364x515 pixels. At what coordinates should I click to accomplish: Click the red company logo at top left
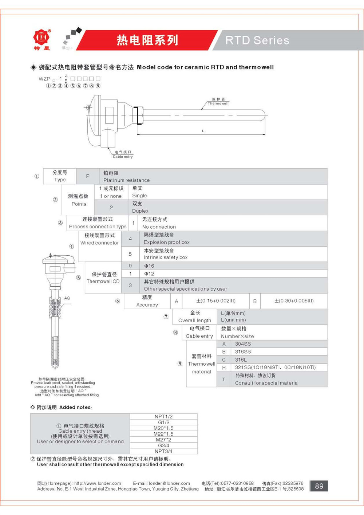pyautogui.click(x=41, y=38)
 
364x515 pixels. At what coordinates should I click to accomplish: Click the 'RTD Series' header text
pyautogui.click(x=257, y=40)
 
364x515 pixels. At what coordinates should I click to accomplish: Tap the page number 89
pyautogui.click(x=319, y=486)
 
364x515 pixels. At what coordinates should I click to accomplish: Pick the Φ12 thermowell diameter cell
pyautogui.click(x=149, y=274)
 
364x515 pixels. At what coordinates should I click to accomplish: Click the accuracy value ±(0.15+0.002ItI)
pyautogui.click(x=216, y=301)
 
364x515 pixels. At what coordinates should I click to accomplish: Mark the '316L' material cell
pyautogui.click(x=241, y=359)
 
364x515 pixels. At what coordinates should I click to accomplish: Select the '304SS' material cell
pyautogui.click(x=243, y=344)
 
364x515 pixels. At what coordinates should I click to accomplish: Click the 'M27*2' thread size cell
pyautogui.click(x=163, y=440)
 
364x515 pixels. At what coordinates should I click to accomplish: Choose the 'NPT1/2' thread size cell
pyautogui.click(x=163, y=416)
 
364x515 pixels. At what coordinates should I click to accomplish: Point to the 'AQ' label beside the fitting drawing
pyautogui.click(x=67, y=298)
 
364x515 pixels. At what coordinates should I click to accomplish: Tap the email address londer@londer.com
pyautogui.click(x=169, y=483)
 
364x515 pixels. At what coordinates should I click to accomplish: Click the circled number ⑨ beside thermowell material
pyautogui.click(x=180, y=363)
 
